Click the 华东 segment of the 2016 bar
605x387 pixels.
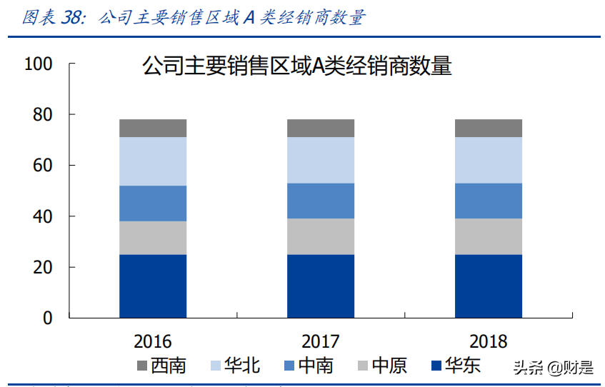[x=153, y=286]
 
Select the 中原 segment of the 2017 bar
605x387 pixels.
[x=321, y=236]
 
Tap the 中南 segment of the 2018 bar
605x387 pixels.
[x=489, y=201]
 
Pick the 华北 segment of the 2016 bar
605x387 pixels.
[x=153, y=161]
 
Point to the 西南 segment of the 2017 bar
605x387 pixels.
[x=321, y=128]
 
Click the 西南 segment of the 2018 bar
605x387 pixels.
[x=489, y=128]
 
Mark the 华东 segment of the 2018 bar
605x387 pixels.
[x=489, y=286]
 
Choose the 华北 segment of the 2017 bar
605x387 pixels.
[x=321, y=160]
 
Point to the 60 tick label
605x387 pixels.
[x=43, y=166]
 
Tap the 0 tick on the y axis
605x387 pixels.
[x=48, y=318]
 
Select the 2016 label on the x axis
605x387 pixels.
[x=153, y=341]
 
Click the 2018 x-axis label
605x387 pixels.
[x=489, y=341]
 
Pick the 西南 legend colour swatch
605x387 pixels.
[x=142, y=366]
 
